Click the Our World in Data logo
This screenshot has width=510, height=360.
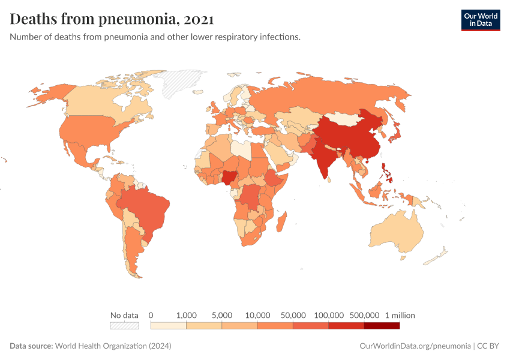click(x=480, y=20)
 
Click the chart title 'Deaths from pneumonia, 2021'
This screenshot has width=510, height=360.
click(x=112, y=19)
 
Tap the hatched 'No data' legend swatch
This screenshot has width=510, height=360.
click(x=124, y=326)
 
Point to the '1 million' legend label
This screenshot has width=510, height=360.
click(x=400, y=315)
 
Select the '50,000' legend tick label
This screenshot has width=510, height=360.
click(x=293, y=315)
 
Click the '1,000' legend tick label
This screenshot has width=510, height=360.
click(x=187, y=315)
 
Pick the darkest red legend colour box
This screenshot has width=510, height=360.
click(x=382, y=326)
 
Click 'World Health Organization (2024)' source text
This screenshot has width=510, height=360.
click(x=113, y=346)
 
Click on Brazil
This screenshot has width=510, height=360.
click(x=147, y=207)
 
